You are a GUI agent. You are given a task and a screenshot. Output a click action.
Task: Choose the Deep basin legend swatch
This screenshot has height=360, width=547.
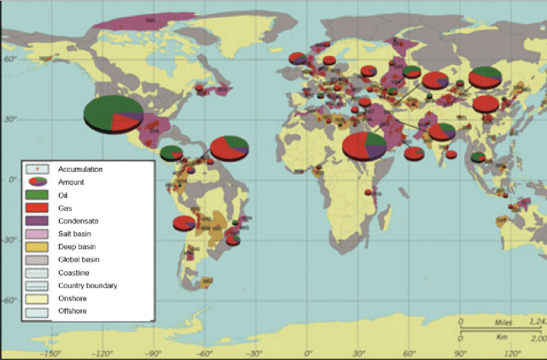tap(35, 247)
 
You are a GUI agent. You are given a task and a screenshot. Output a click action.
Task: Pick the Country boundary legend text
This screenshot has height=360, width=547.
tap(88, 285)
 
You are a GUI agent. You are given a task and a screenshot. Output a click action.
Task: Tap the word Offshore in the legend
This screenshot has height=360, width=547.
tap(73, 311)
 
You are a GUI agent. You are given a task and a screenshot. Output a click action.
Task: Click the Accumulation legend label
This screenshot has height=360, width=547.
tap(80, 169)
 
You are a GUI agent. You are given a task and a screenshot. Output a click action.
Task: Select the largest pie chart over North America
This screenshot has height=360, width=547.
tap(113, 114)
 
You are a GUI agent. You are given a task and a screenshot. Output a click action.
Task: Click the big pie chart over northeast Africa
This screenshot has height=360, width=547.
tap(364, 146)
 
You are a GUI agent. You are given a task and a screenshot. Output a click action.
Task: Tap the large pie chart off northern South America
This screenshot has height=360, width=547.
tap(229, 147)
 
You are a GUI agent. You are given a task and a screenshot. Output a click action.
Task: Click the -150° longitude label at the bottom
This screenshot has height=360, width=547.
tap(51, 353)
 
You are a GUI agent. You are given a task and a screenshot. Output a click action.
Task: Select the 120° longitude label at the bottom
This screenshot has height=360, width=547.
tap(512, 353)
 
